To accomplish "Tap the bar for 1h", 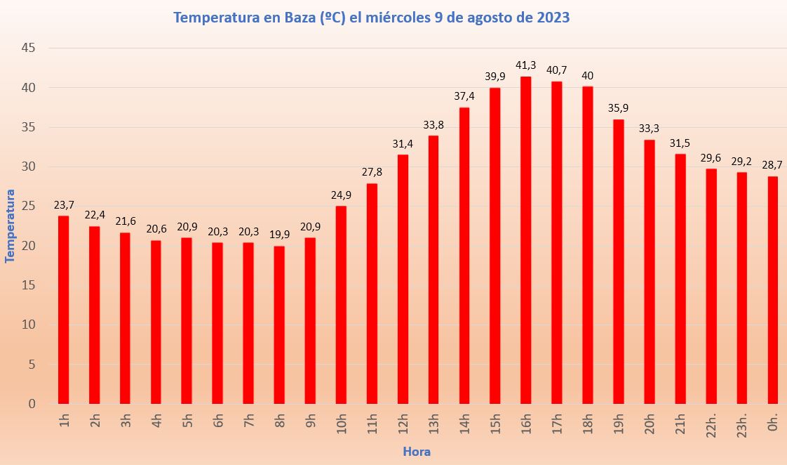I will tap(64, 310).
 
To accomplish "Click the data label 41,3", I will tap(525, 65).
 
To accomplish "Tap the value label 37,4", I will tap(464, 96).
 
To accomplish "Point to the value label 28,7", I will tap(772, 165).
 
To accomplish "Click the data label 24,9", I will tap(341, 195).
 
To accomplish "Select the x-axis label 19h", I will tap(618, 424).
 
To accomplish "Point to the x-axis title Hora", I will tap(416, 452).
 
